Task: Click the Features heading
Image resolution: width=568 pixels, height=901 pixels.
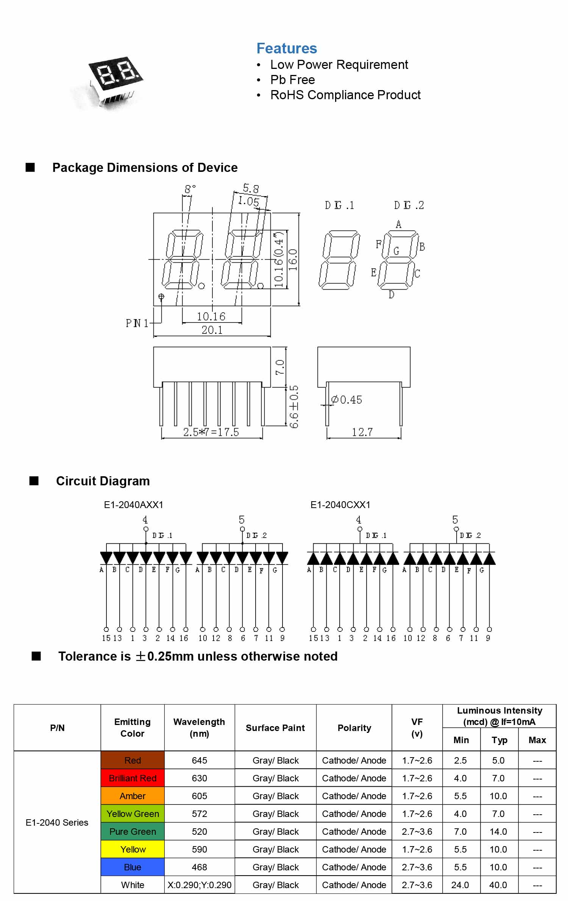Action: (287, 48)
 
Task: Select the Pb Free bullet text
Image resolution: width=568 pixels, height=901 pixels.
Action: (292, 80)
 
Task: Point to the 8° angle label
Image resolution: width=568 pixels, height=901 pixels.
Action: (190, 189)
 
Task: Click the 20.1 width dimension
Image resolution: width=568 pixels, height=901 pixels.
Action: (212, 330)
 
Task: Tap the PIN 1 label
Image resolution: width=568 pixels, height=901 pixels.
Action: (137, 323)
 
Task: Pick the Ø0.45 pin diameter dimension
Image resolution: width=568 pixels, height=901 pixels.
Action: (346, 400)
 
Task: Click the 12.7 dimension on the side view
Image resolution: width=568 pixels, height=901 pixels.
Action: (362, 432)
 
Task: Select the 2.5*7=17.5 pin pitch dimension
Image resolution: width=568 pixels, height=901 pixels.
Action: (211, 432)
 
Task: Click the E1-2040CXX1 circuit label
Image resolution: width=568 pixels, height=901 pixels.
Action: (340, 505)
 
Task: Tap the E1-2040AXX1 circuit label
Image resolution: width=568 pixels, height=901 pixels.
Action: (134, 505)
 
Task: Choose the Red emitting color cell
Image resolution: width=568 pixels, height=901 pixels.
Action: (133, 760)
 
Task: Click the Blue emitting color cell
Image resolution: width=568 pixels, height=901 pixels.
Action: (133, 867)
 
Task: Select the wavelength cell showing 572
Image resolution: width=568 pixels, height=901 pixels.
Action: (200, 814)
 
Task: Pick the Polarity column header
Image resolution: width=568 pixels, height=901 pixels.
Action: (354, 728)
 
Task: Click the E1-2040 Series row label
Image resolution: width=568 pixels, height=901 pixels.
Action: (57, 822)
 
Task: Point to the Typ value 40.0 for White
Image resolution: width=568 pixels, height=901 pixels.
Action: (498, 885)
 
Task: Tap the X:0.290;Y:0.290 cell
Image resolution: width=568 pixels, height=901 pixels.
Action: (200, 885)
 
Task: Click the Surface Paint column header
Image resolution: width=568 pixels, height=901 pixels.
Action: (275, 728)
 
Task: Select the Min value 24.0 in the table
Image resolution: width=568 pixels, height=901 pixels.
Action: (460, 885)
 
